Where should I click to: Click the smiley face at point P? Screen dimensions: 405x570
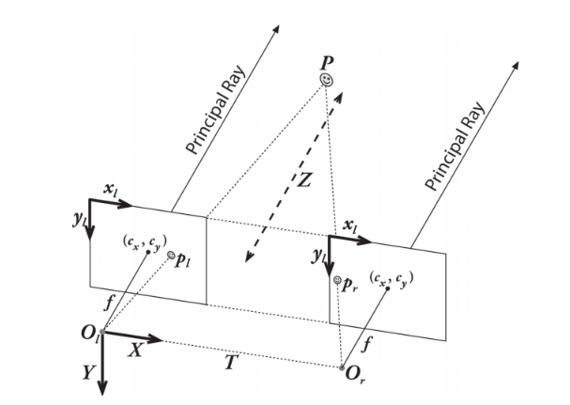pos(326,81)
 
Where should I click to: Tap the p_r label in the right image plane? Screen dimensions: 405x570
pos(349,282)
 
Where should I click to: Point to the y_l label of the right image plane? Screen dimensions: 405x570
pos(319,256)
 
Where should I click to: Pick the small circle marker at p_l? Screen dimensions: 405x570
pos(170,255)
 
